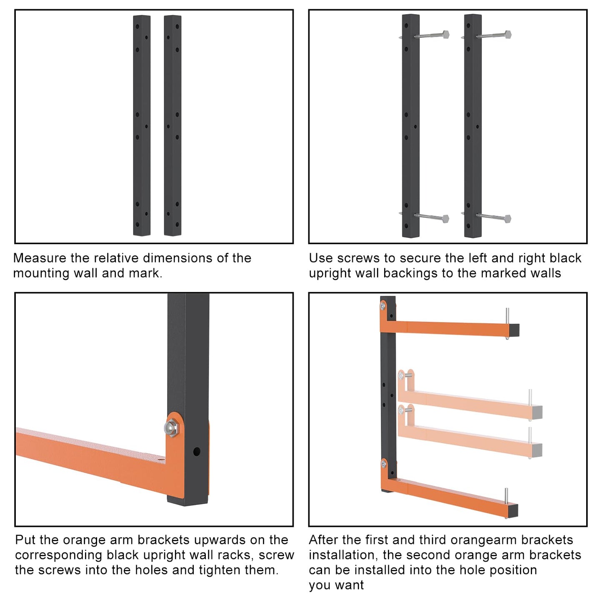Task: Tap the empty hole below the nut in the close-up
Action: (x=197, y=452)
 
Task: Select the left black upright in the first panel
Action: (x=142, y=125)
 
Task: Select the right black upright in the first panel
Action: (x=172, y=125)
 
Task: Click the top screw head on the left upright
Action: (x=445, y=35)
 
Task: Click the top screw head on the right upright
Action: (x=507, y=35)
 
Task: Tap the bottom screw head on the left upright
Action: (x=445, y=218)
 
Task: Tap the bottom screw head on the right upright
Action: (x=507, y=218)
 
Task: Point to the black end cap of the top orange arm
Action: (x=514, y=330)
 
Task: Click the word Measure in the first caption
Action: (x=40, y=258)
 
